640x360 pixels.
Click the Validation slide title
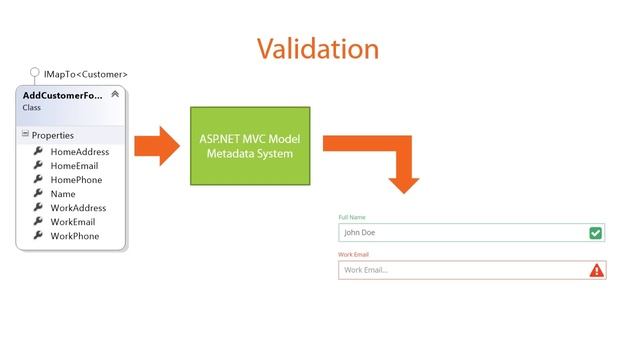[x=317, y=48]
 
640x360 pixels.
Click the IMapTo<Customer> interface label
[x=85, y=74]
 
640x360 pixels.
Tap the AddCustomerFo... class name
[x=63, y=94]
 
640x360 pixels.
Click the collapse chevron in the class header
[x=115, y=94]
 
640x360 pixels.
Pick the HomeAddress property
[x=79, y=152]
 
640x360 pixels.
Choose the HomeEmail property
[x=74, y=166]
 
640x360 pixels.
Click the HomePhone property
[x=76, y=180]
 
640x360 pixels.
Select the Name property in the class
[x=62, y=194]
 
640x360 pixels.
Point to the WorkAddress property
[x=78, y=208]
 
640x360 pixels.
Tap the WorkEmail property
[x=72, y=222]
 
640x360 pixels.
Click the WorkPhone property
[x=74, y=236]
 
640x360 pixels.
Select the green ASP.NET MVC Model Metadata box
[x=250, y=146]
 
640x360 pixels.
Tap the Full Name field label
[x=352, y=217]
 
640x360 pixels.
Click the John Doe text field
[x=460, y=233]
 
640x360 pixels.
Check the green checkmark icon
[x=596, y=233]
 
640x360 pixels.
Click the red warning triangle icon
[x=596, y=270]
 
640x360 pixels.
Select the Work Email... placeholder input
[x=460, y=270]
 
